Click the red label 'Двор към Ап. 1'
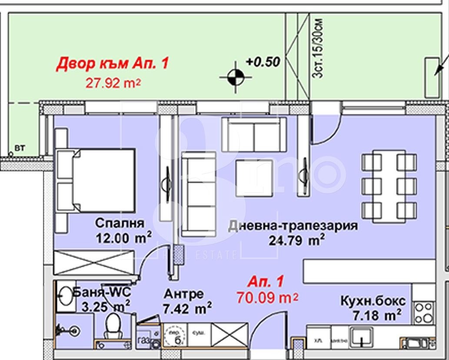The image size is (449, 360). (x=112, y=63)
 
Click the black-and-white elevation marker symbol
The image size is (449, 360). (x=236, y=77)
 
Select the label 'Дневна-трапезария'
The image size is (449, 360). (x=293, y=226)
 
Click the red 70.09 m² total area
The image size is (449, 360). (x=267, y=298)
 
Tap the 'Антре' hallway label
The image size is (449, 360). (x=183, y=294)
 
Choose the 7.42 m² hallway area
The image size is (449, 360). (x=187, y=309)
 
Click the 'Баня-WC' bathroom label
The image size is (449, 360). (x=101, y=292)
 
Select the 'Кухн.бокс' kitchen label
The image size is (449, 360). (x=373, y=300)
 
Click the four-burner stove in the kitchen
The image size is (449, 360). (x=423, y=313)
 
